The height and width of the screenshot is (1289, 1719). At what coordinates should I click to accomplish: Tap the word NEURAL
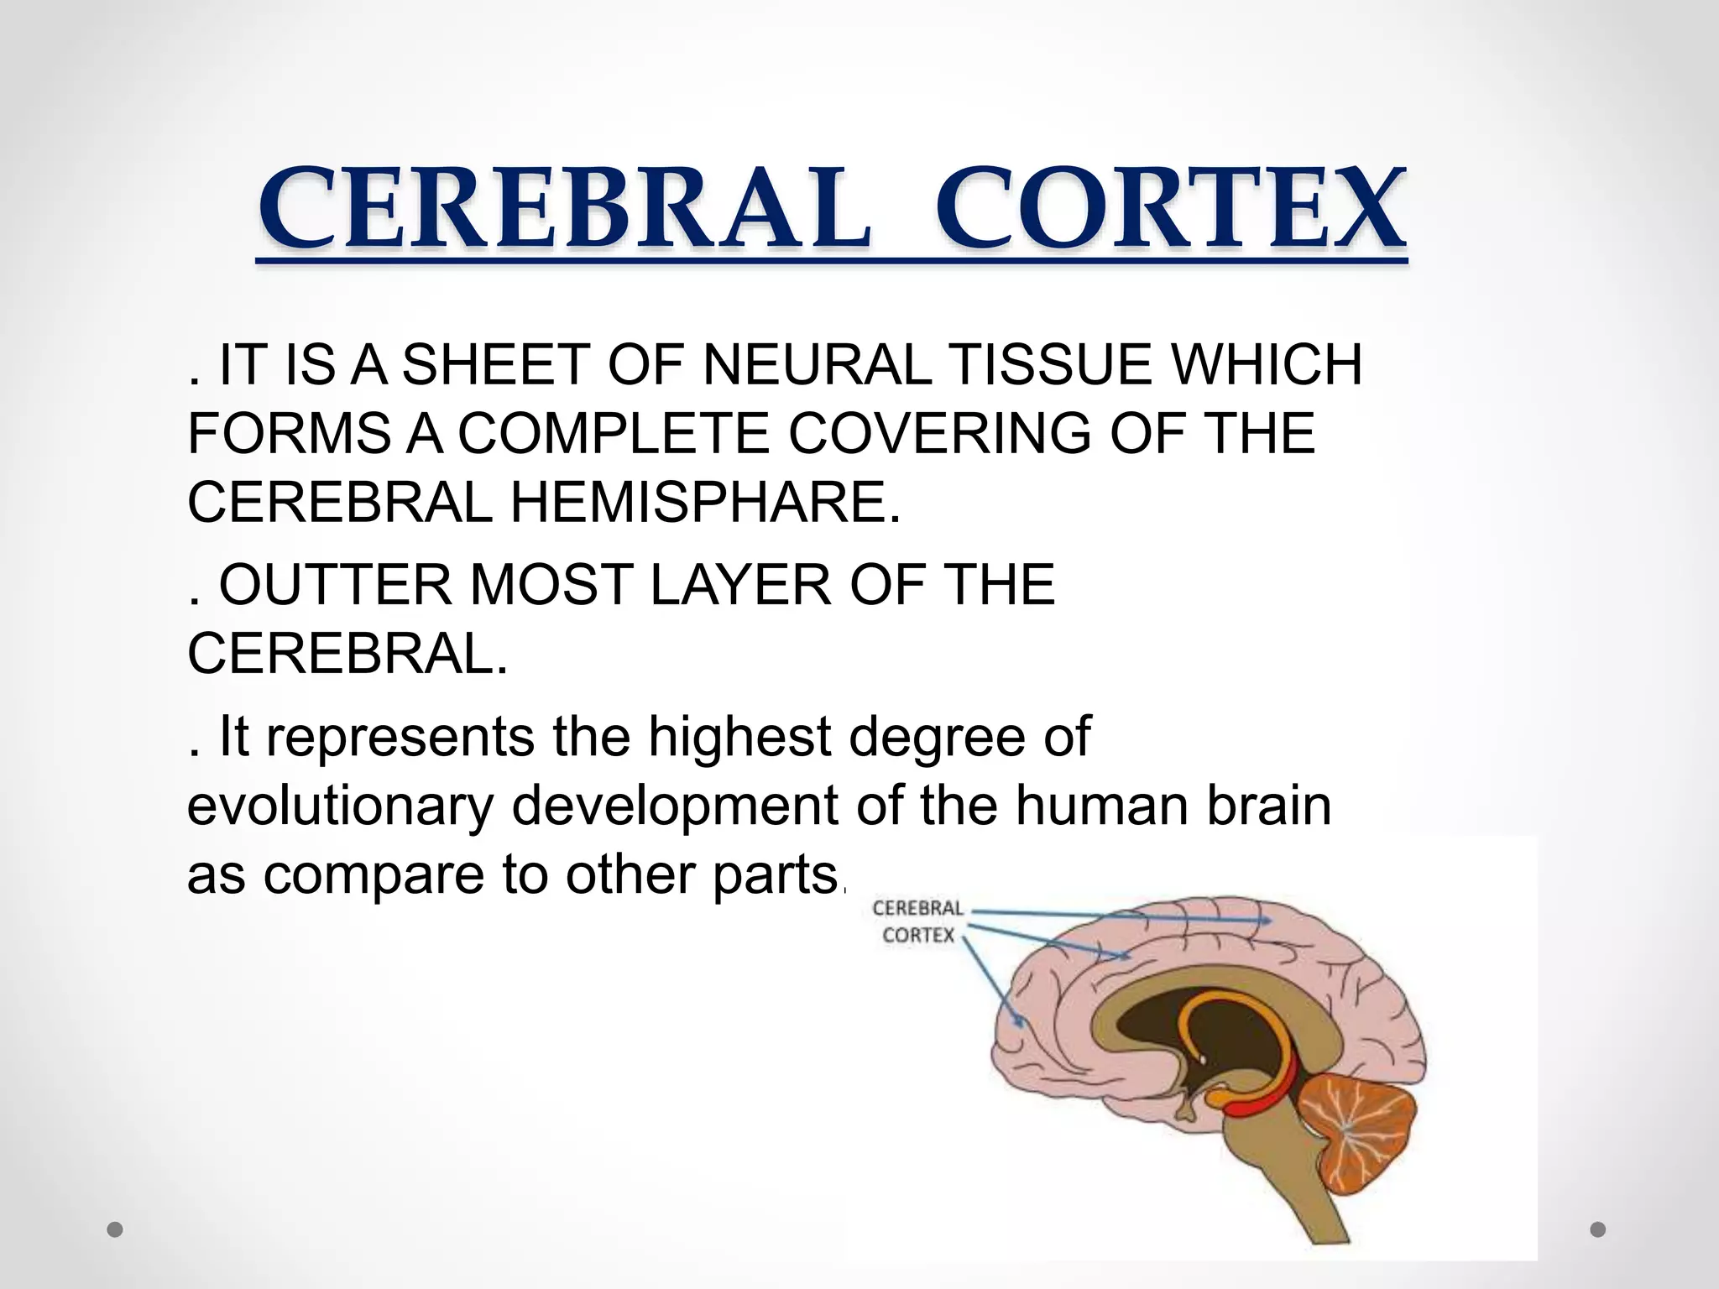(x=804, y=365)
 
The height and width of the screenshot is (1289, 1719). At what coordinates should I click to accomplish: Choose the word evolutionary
(x=340, y=806)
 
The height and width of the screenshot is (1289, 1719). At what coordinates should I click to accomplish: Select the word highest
(x=739, y=738)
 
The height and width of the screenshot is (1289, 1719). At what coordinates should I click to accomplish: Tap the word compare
(x=374, y=875)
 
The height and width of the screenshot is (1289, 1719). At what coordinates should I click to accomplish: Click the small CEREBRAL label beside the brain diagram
(x=917, y=908)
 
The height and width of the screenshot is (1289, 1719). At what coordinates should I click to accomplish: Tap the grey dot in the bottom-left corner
(x=116, y=1230)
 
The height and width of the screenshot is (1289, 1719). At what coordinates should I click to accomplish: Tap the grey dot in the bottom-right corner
(x=1598, y=1230)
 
